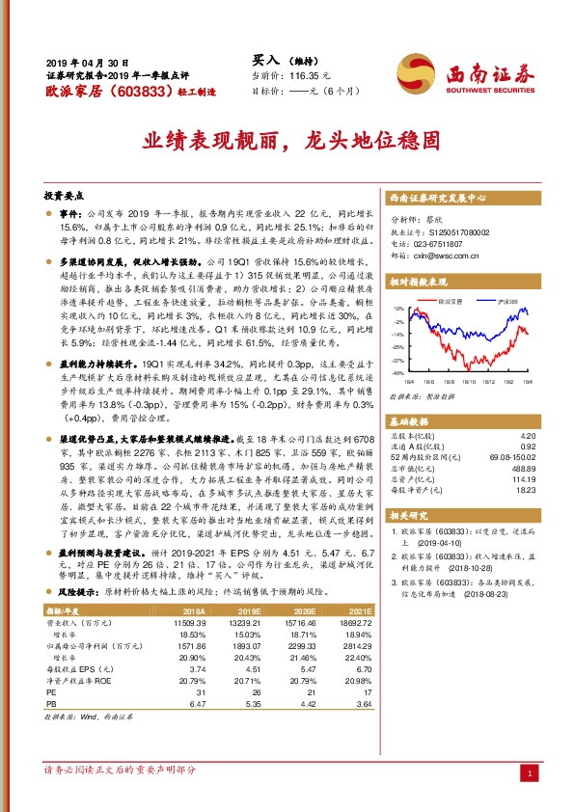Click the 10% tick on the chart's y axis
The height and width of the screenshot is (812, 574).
397,309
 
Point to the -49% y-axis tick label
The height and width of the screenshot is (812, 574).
396,372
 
